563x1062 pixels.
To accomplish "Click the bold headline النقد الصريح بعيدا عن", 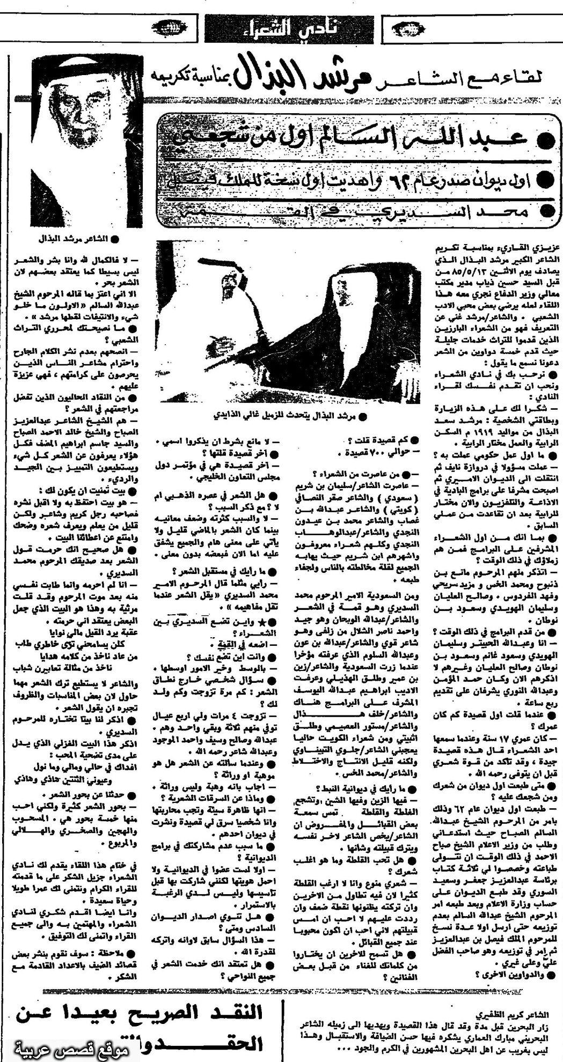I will coord(134,1016).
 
